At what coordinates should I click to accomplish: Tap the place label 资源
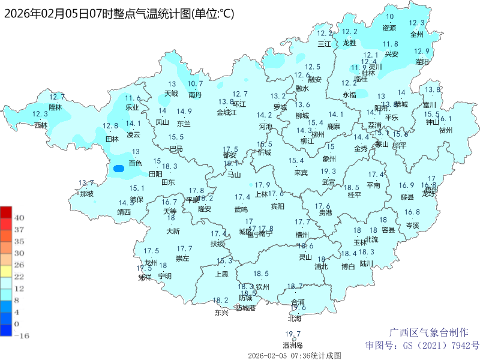click(x=389, y=28)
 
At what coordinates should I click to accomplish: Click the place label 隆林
click(x=55, y=107)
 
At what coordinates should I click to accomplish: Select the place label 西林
click(x=40, y=125)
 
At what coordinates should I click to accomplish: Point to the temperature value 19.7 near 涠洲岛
click(x=293, y=334)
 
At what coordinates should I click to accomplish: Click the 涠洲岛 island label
click(x=293, y=345)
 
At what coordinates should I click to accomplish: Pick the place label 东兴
click(x=221, y=313)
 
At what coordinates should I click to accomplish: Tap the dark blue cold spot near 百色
click(x=118, y=169)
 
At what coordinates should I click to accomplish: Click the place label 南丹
click(x=195, y=95)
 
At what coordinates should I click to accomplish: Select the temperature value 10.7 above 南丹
click(x=195, y=84)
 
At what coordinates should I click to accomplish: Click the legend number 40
click(x=18, y=218)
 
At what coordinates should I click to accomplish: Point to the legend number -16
click(x=20, y=336)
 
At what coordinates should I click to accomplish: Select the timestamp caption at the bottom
click(x=293, y=355)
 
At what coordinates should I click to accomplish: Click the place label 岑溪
click(x=412, y=226)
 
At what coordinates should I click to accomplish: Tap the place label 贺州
click(x=446, y=130)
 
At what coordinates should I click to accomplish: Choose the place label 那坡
click(x=86, y=194)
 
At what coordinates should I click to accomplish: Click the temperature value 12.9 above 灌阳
click(x=422, y=52)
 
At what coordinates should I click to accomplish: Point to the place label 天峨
click(x=172, y=94)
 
